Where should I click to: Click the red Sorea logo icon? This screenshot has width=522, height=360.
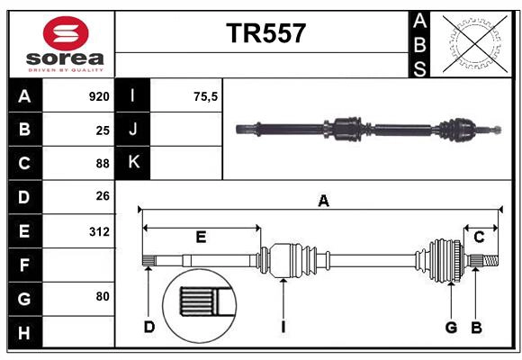click(x=66, y=35)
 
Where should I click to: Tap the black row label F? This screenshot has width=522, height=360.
click(x=24, y=265)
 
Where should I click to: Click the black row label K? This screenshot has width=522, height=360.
click(x=133, y=163)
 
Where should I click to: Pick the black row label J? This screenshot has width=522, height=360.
click(x=133, y=130)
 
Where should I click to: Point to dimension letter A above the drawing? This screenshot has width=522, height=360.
click(x=323, y=202)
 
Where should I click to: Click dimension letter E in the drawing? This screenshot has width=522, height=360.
click(x=201, y=238)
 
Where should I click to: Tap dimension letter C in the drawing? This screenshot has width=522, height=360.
click(x=480, y=238)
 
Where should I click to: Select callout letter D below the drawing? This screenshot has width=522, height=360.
click(x=149, y=327)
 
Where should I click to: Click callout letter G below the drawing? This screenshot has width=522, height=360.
click(x=451, y=327)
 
